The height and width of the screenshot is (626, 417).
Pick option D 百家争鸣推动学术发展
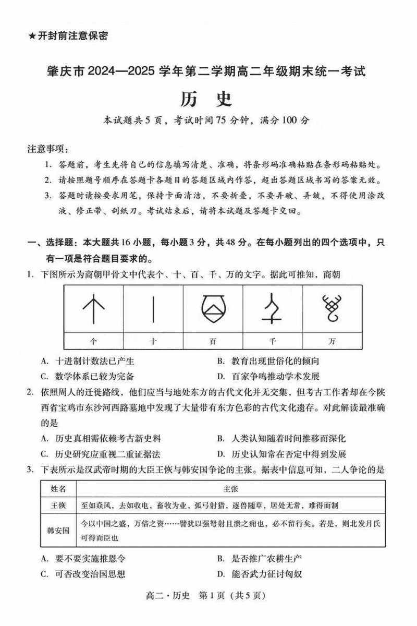pos(268,376)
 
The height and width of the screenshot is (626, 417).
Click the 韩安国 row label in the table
pos(58,531)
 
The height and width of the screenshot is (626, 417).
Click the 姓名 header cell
pos(58,489)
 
